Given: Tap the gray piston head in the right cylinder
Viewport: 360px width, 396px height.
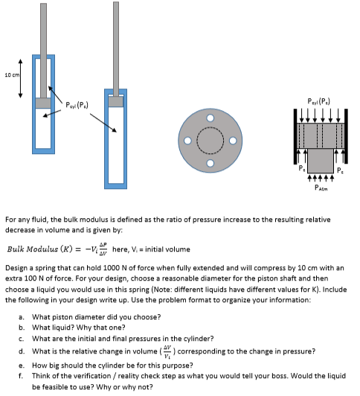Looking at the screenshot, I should [115, 102].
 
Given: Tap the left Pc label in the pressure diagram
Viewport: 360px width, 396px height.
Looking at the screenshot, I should [292, 170].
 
